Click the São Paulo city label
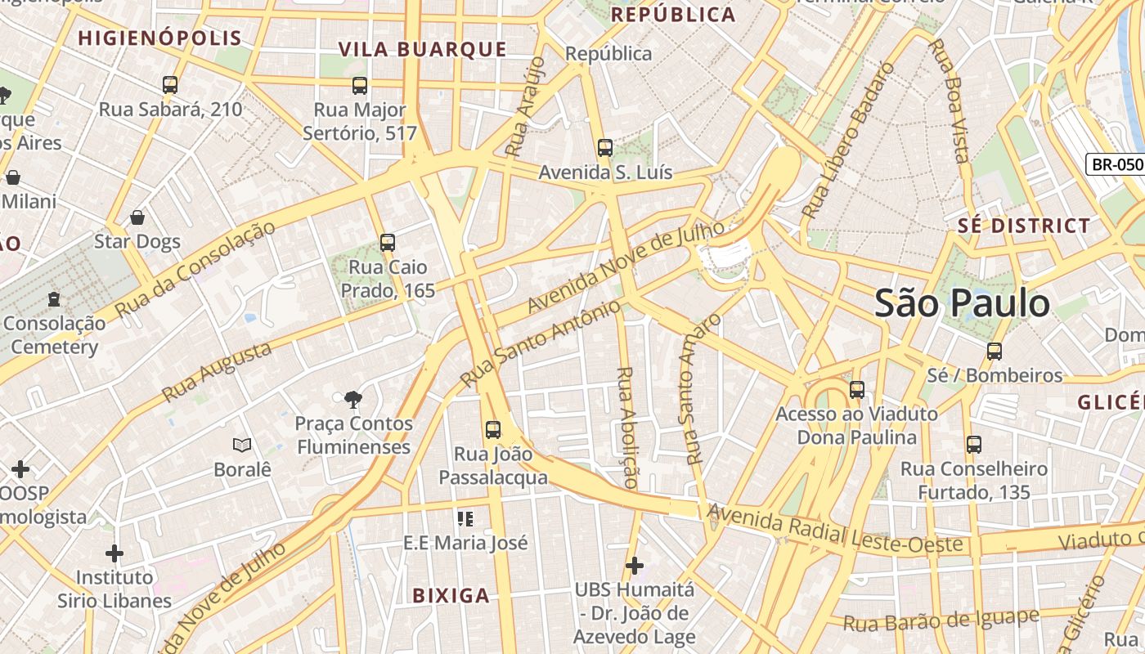click(962, 303)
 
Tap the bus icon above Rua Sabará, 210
click(170, 85)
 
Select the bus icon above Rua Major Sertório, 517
click(360, 85)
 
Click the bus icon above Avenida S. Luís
click(605, 148)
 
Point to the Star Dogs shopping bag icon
click(137, 217)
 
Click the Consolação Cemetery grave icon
click(54, 299)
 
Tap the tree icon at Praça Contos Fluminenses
click(353, 400)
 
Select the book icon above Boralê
click(242, 446)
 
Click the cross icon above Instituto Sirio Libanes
click(114, 553)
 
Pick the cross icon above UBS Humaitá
click(634, 565)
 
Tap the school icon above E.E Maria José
click(466, 518)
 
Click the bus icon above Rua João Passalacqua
click(493, 430)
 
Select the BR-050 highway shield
click(1116, 164)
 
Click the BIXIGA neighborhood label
click(451, 595)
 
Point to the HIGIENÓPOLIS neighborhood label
click(160, 38)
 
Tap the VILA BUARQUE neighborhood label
click(423, 49)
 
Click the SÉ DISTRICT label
click(1024, 226)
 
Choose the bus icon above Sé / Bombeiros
click(995, 352)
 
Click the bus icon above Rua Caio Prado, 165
click(388, 243)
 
